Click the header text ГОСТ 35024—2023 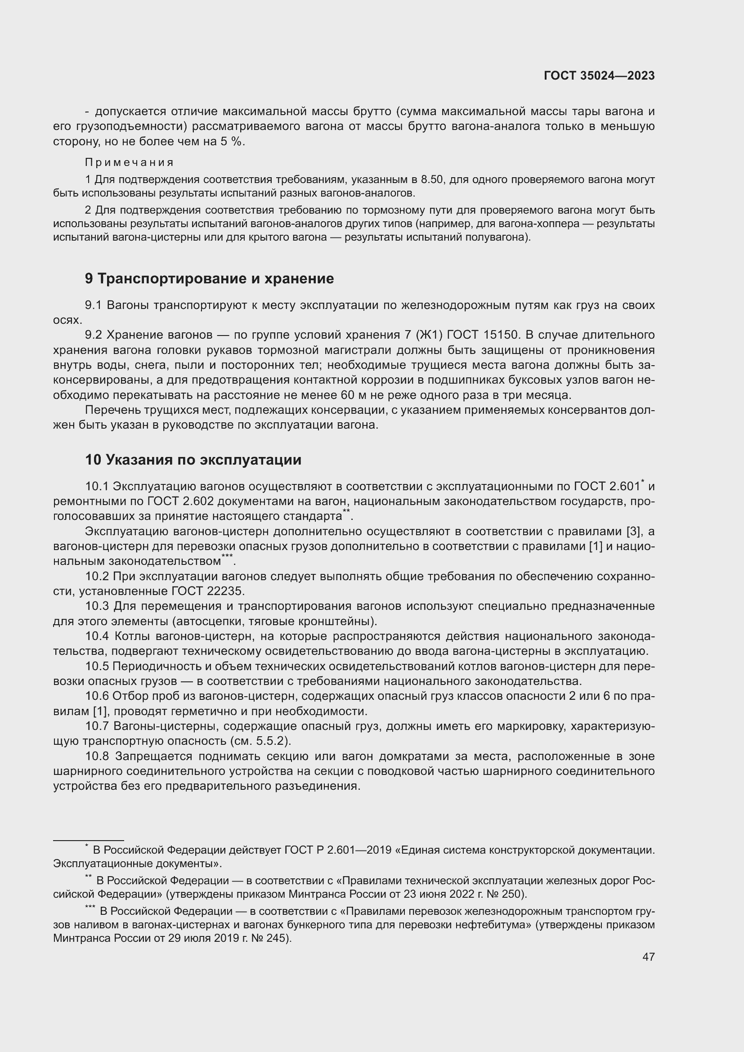(599, 76)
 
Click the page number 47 (648, 957)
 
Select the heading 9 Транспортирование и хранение (209, 278)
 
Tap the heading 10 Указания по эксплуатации (193, 460)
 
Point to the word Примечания (129, 163)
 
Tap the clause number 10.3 (97, 606)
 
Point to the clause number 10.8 (97, 756)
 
